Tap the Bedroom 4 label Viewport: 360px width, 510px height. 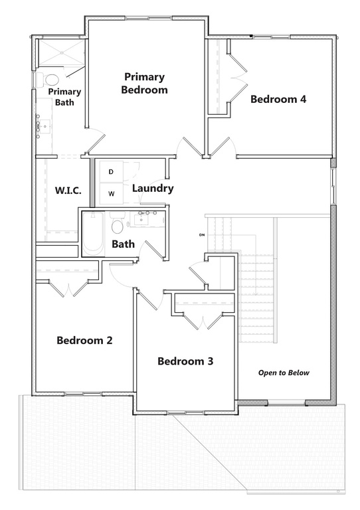coord(278,100)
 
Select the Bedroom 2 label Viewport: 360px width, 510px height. coord(84,340)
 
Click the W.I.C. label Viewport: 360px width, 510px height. coord(68,191)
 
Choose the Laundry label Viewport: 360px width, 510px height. coord(153,188)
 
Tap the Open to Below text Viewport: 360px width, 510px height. coord(284,373)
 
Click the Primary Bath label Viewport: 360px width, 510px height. coord(64,97)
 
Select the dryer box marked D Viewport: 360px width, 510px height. coord(111,173)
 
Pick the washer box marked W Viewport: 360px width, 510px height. coord(111,194)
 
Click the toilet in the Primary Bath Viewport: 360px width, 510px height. coord(51,80)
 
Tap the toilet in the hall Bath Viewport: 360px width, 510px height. coord(118,225)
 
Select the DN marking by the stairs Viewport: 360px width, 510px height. coord(201,235)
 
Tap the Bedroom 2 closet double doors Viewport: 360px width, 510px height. coord(68,288)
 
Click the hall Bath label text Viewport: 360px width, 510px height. coord(123,244)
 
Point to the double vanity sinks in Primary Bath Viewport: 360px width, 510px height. coord(40,127)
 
